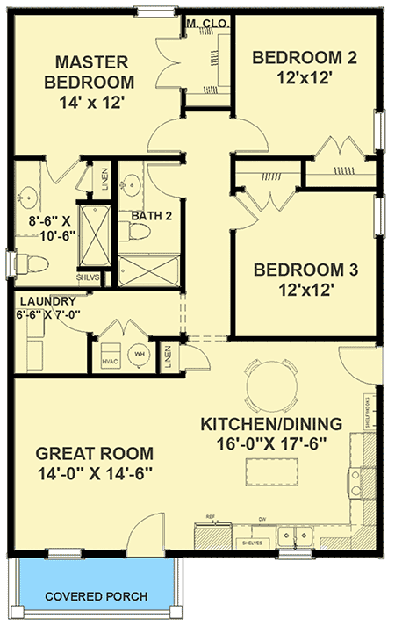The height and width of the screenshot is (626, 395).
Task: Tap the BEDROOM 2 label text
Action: click(x=305, y=58)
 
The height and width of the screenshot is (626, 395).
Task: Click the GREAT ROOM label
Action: click(x=94, y=454)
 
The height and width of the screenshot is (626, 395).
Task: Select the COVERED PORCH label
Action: click(x=97, y=597)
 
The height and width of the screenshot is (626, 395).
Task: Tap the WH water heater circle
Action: click(x=139, y=354)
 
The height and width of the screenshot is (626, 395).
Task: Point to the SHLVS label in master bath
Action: click(x=88, y=278)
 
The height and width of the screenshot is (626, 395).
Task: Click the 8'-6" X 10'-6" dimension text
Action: click(x=43, y=222)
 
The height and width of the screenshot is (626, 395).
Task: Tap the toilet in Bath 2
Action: click(x=135, y=231)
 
